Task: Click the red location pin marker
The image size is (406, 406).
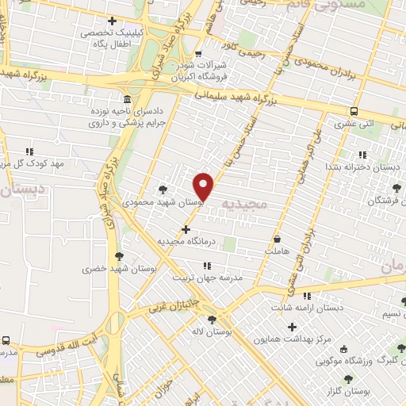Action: coord(205,186)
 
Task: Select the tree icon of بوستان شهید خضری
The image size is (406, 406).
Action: coord(119,256)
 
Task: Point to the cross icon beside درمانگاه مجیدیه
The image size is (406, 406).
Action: coord(186,229)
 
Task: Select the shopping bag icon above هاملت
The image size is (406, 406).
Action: coord(276,239)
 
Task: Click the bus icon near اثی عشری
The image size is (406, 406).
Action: coord(353,111)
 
